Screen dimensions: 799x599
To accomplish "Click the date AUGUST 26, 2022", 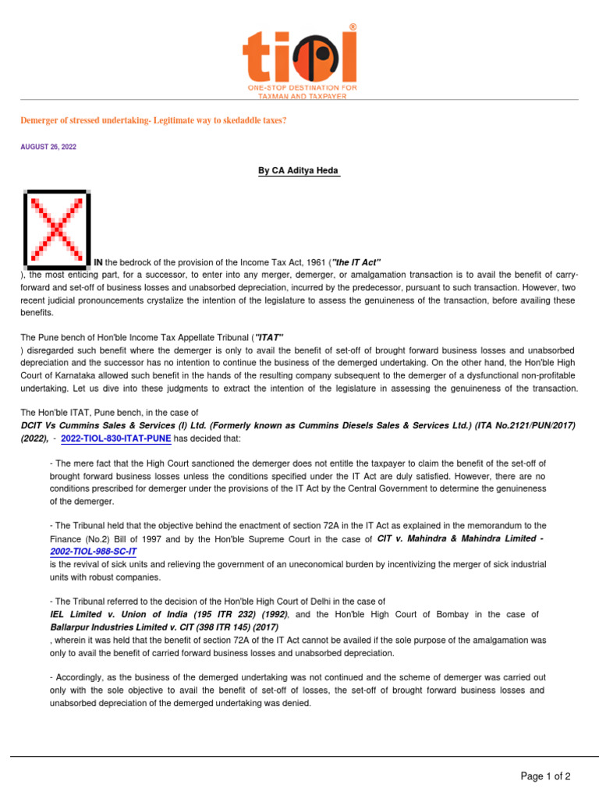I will click(48, 147).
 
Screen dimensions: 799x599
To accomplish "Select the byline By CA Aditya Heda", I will click(299, 171).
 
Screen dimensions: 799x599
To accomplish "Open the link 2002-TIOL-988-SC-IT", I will click(99, 552).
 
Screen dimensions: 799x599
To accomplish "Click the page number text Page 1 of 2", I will click(545, 776).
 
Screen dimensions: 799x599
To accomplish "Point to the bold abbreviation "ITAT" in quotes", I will click(268, 337).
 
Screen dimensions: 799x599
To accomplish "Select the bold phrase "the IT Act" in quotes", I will click(356, 261).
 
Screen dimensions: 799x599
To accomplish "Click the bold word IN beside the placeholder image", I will click(99, 261).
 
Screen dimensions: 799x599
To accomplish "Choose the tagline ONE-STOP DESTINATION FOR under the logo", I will click(303, 89).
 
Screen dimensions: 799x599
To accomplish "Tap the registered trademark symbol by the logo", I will click(353, 27).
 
